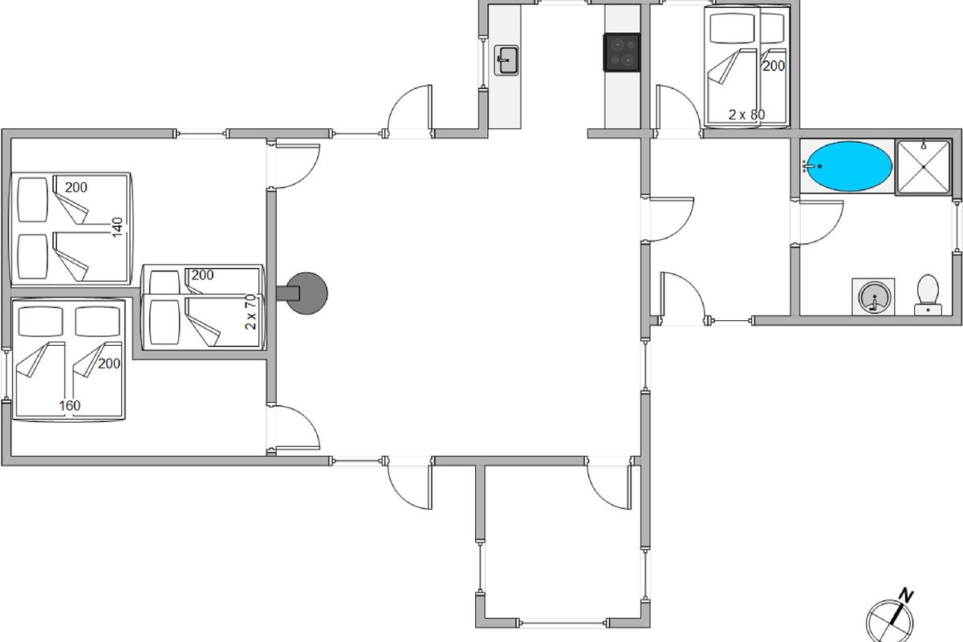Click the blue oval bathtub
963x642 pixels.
click(847, 166)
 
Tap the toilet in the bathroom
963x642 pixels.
click(928, 295)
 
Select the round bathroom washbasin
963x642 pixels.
click(874, 296)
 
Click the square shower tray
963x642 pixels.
click(924, 166)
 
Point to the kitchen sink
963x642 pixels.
click(506, 60)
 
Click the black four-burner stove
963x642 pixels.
click(622, 52)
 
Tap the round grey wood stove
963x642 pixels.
click(306, 293)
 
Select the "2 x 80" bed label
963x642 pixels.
click(747, 115)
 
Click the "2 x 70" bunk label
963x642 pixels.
click(250, 311)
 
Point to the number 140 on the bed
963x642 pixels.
click(117, 227)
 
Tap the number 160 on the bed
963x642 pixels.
click(70, 405)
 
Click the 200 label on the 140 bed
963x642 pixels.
click(76, 187)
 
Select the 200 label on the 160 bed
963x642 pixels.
click(109, 364)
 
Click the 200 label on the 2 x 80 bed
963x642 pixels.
click(774, 66)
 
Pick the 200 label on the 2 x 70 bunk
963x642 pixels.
click(202, 274)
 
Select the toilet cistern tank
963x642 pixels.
click(928, 310)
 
